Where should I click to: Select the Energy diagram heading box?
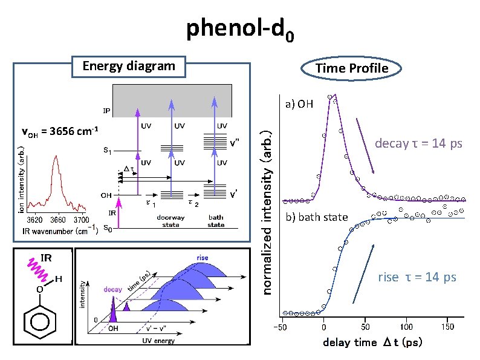point(128,66)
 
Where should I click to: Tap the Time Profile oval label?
point(351,68)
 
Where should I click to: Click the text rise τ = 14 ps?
point(417,277)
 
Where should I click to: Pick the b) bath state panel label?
point(316,217)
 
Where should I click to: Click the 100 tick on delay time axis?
point(406,327)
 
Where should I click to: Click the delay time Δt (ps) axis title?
point(372,342)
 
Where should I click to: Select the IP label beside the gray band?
point(106,111)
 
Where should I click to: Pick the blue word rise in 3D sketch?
point(202,258)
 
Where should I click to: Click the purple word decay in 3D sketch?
point(112,290)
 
